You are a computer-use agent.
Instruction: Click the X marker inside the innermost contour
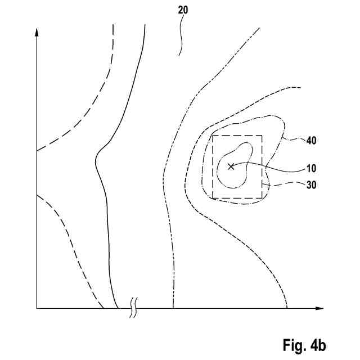[x=230, y=166]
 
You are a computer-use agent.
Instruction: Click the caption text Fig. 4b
[x=304, y=344]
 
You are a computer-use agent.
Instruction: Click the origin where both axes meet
[x=37, y=308]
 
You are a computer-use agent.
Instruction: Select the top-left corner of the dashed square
[x=213, y=136]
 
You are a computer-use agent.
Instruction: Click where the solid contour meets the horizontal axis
[x=117, y=308]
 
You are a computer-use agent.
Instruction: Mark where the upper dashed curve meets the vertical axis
[x=37, y=151]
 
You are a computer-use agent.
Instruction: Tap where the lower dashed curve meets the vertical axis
[x=37, y=194]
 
